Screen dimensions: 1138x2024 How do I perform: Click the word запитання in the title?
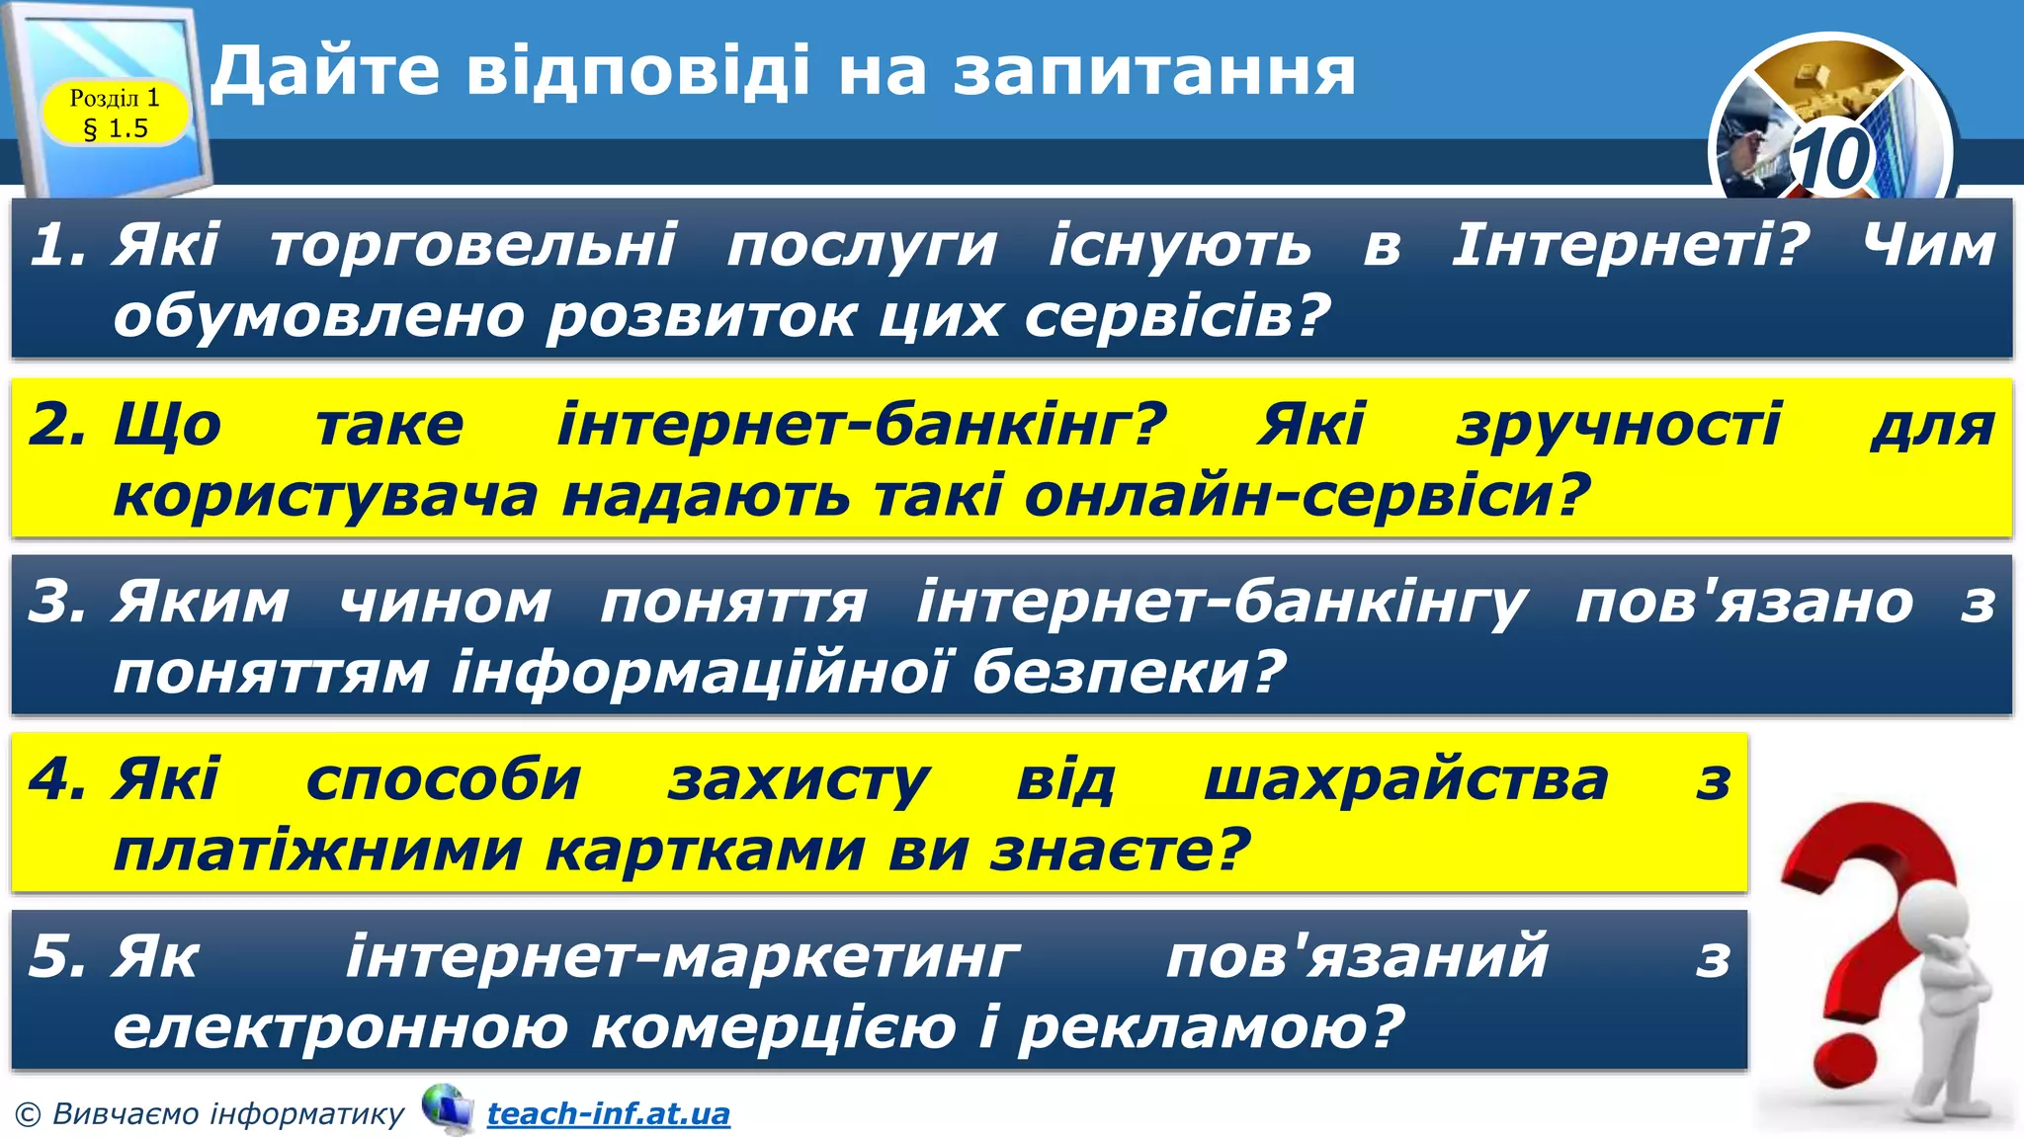pyautogui.click(x=1154, y=73)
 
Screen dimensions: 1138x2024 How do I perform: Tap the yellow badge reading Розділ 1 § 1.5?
pyautogui.click(x=115, y=113)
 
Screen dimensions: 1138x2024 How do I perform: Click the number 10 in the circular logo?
pyautogui.click(x=1831, y=159)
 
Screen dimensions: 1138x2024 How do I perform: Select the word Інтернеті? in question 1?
pyautogui.click(x=1630, y=245)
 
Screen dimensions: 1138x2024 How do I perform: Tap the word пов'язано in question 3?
pyautogui.click(x=1744, y=603)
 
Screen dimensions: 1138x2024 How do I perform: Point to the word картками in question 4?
pyautogui.click(x=706, y=851)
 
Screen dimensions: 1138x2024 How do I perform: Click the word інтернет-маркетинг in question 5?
pyautogui.click(x=683, y=958)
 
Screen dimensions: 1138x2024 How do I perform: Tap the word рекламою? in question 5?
pyautogui.click(x=1211, y=1028)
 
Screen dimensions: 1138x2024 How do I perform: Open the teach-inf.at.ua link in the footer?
pyautogui.click(x=609, y=1114)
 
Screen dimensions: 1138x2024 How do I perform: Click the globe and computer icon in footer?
pyautogui.click(x=447, y=1109)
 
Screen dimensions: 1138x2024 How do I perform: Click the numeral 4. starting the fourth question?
pyautogui.click(x=57, y=780)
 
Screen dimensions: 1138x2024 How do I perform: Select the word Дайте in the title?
pyautogui.click(x=325, y=73)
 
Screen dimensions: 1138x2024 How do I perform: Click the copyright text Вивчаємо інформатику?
pyautogui.click(x=227, y=1114)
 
